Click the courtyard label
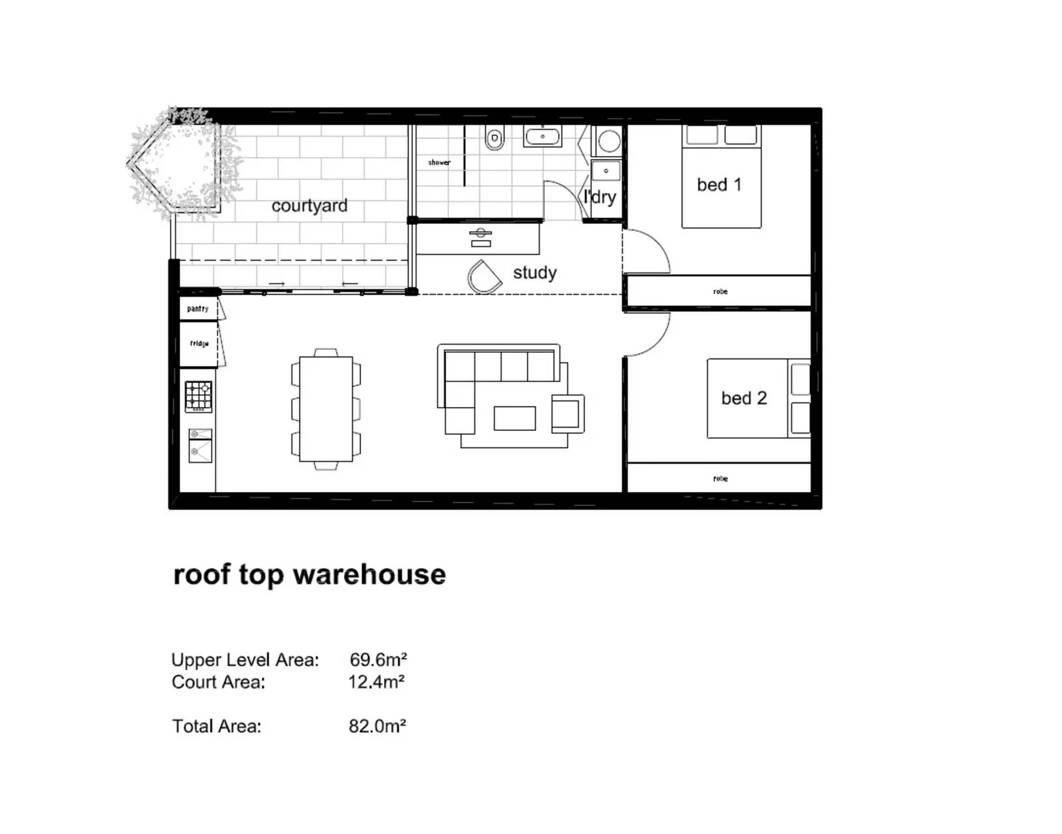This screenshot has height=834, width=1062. coord(309,206)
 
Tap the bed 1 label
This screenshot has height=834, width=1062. coord(719,185)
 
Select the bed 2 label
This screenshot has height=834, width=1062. coord(744,398)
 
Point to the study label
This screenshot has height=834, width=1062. coord(534,273)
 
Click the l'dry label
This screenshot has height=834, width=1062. coord(601,197)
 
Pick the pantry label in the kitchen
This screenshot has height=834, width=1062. coord(198,309)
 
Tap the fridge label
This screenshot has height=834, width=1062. coord(199,344)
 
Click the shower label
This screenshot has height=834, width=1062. coord(439,162)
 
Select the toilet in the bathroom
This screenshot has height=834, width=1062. coord(495,138)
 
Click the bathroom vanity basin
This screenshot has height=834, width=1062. coord(543,137)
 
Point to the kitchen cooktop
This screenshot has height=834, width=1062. coord(199,397)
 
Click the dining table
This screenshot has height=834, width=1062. coord(325,409)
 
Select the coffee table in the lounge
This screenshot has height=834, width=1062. coord(515,418)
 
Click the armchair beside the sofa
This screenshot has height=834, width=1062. coord(567,413)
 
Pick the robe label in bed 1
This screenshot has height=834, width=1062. coord(720,292)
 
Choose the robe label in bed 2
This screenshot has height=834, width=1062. coord(720,479)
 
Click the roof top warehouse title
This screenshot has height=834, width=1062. coord(309,575)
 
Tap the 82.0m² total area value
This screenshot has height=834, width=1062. coord(377,726)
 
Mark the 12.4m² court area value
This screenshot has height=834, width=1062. coord(376,682)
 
